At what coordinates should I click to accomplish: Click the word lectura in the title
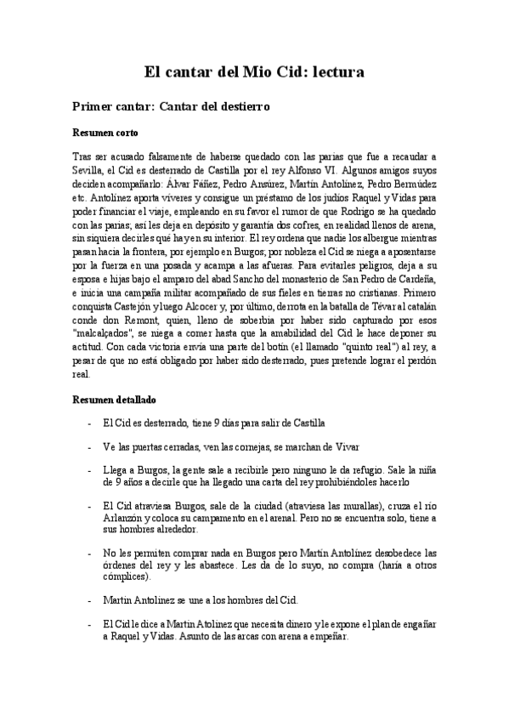coord(335,73)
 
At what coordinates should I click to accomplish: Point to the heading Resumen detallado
coord(113,399)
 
